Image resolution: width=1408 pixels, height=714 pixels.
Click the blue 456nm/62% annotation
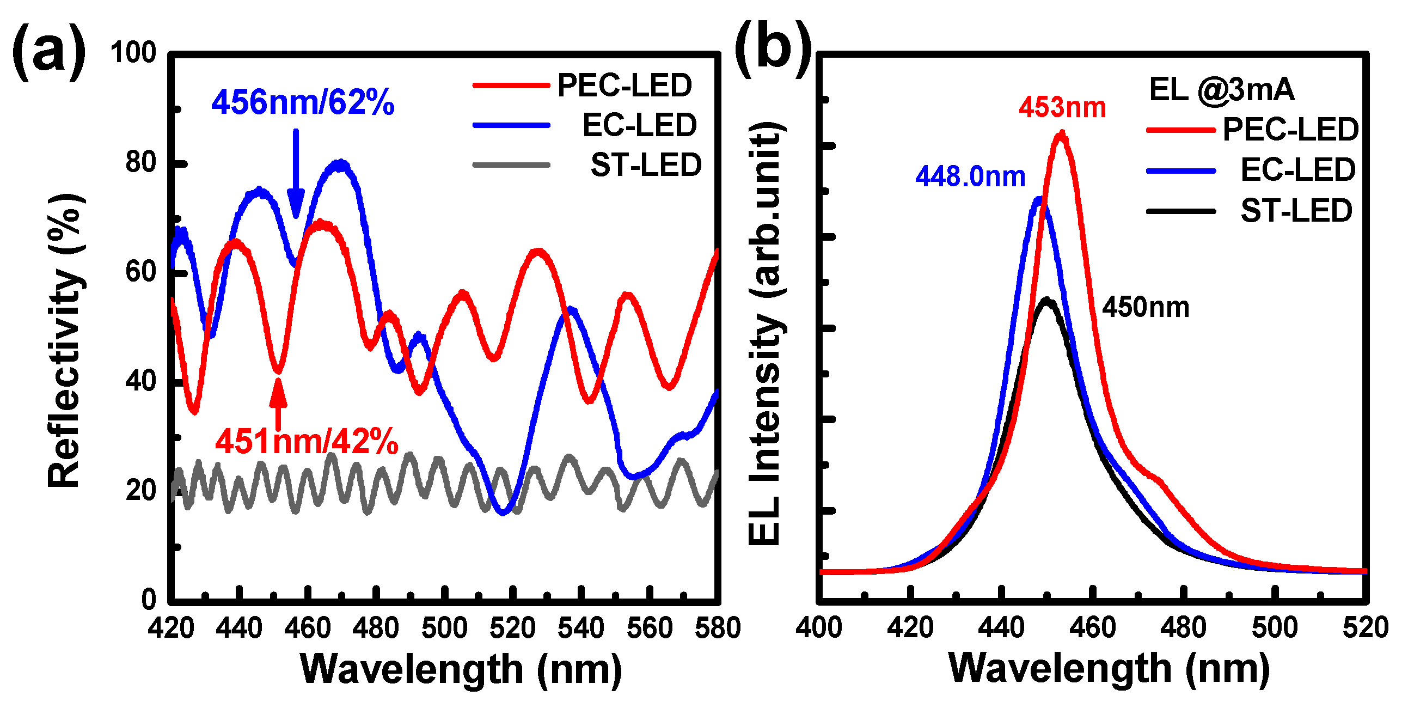pyautogui.click(x=303, y=102)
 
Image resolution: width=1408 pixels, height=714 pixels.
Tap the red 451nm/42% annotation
pyautogui.click(x=306, y=441)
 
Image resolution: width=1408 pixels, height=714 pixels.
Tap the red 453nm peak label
pyautogui.click(x=1062, y=107)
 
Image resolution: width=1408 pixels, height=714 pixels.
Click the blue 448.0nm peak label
pyautogui.click(x=970, y=176)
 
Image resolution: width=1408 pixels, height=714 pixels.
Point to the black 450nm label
pyautogui.click(x=1146, y=307)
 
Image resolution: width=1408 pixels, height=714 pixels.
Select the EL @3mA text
pyautogui.click(x=1222, y=89)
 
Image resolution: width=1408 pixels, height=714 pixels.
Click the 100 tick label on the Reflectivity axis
pyautogui.click(x=133, y=53)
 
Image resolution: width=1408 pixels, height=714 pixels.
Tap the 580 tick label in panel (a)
pyautogui.click(x=717, y=627)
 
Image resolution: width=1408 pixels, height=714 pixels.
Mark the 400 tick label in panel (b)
pyautogui.click(x=819, y=627)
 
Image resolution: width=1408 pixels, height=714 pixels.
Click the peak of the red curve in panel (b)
pyautogui.click(x=1062, y=135)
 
